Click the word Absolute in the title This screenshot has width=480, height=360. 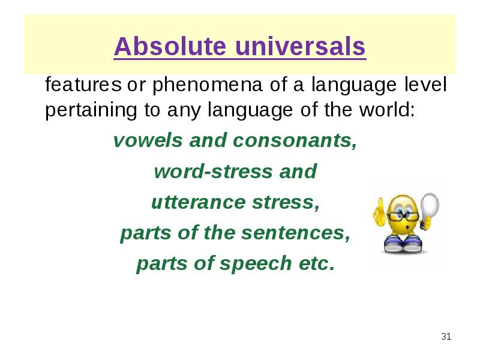pyautogui.click(x=170, y=46)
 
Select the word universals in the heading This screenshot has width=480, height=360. pyautogui.click(x=301, y=46)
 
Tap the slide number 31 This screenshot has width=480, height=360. pyautogui.click(x=446, y=337)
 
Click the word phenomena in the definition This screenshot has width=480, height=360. pyautogui.click(x=207, y=85)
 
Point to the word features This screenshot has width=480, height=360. pyautogui.click(x=83, y=85)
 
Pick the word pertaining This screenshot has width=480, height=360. pyautogui.click(x=91, y=110)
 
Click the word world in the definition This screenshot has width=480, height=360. pyautogui.click(x=387, y=109)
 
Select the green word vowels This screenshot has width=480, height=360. pyautogui.click(x=148, y=140)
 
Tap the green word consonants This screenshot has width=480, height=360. pyautogui.click(x=295, y=141)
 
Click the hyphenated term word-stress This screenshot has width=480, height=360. pyautogui.click(x=213, y=171)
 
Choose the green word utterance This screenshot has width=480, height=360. pyautogui.click(x=198, y=202)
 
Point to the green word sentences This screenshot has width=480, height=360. pyautogui.click(x=295, y=233)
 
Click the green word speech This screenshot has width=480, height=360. pyautogui.click(x=256, y=263)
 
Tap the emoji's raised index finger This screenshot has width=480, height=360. pyautogui.click(x=380, y=206)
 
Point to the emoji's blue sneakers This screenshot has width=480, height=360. pyautogui.click(x=403, y=244)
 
